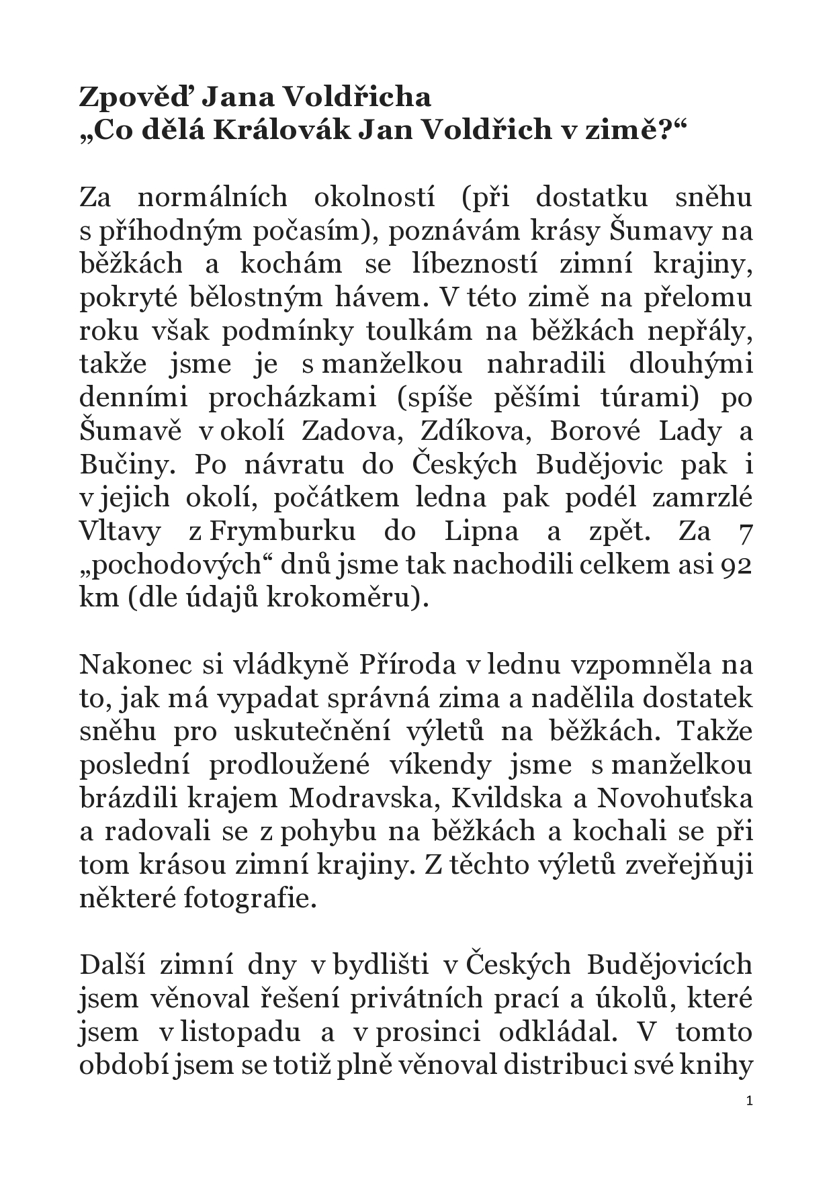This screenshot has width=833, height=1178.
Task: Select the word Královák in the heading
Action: (280, 131)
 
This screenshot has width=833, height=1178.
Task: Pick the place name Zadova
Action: (353, 431)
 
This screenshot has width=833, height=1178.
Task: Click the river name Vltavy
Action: (121, 531)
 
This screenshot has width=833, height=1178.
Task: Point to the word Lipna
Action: (481, 531)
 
